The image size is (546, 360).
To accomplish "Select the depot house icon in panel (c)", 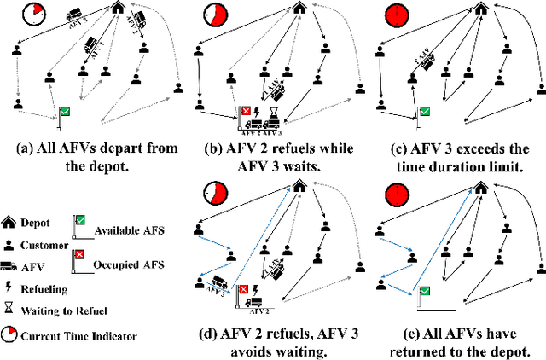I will tap(482, 10).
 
